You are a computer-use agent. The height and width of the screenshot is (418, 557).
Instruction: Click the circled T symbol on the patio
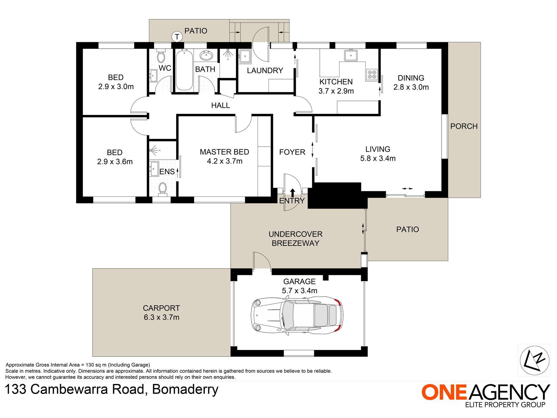click(177, 37)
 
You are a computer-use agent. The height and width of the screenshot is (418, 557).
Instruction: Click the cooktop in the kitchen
click(372, 75)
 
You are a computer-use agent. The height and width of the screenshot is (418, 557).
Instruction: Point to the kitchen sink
click(351, 55)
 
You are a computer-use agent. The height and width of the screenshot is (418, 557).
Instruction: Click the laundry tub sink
click(245, 56)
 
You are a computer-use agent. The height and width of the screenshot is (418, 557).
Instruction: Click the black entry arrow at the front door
click(293, 192)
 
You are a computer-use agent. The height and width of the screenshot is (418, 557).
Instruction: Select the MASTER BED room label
click(225, 152)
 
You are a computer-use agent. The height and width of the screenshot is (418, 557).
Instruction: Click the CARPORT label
click(161, 308)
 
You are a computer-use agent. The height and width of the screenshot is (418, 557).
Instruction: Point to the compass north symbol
click(534, 360)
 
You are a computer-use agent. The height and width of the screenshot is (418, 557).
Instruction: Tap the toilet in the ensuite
click(162, 189)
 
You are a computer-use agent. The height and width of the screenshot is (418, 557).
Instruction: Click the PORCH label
click(464, 126)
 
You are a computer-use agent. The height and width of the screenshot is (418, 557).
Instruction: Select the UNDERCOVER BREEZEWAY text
click(296, 238)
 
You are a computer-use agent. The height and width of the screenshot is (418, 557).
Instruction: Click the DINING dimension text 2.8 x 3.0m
click(411, 87)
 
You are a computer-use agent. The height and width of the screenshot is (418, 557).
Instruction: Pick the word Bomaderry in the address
click(185, 390)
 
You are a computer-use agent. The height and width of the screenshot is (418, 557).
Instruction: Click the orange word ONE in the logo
click(444, 392)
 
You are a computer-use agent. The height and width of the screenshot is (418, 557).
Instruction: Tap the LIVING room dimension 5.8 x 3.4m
click(378, 158)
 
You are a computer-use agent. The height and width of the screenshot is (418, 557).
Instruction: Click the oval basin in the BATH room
click(207, 55)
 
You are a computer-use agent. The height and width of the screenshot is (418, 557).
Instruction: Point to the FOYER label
click(292, 152)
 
